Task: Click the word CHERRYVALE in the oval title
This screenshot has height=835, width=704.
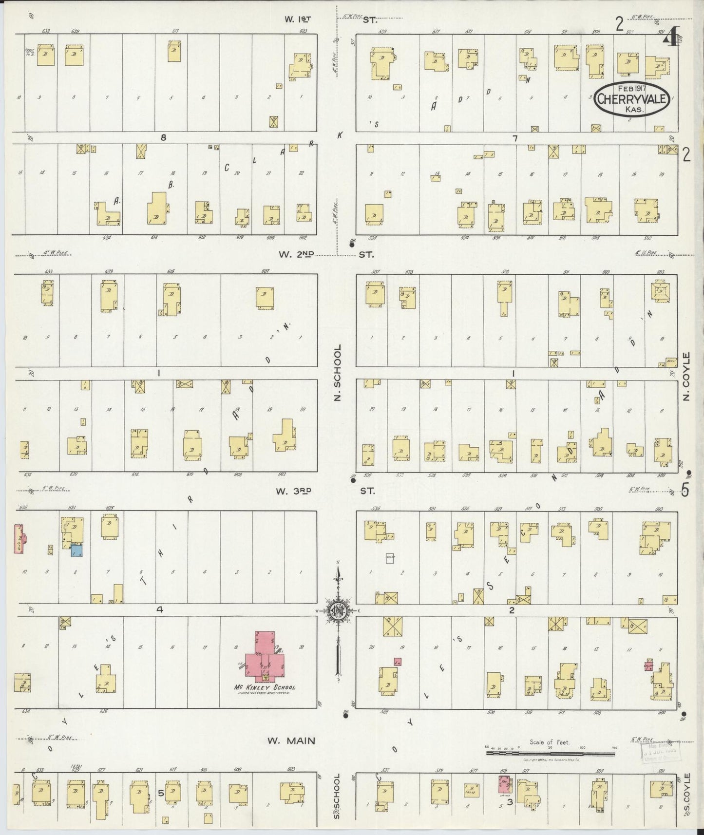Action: pos(631,100)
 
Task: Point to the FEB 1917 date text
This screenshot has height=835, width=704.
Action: pos(631,89)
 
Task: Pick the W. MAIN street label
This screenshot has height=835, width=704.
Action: pos(291,741)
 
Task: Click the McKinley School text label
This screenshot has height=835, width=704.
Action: pos(265,687)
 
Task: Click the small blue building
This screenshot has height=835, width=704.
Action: pos(76,550)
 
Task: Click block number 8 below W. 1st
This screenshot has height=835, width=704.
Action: pos(164,138)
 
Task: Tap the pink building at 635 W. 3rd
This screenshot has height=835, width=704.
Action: pos(19,538)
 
